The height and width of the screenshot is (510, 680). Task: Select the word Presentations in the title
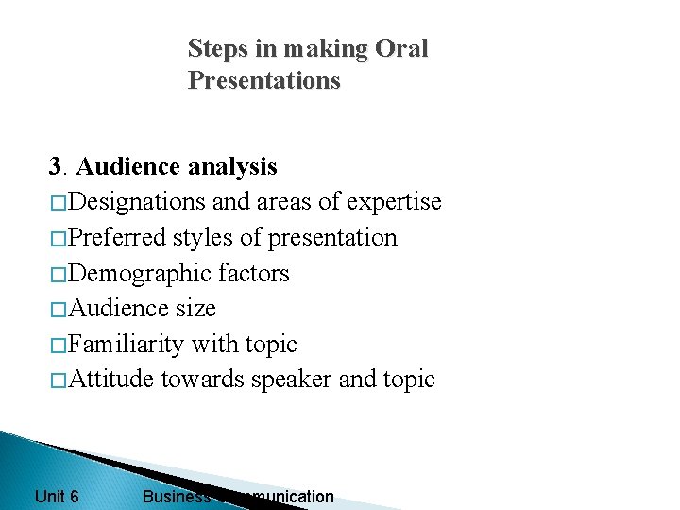point(263,81)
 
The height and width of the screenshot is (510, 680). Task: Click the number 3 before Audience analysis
point(55,167)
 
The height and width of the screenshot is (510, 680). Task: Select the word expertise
point(394,202)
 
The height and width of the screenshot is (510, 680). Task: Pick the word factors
point(253,273)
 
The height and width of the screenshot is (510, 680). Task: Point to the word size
point(195,308)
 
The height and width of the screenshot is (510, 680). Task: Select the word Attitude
point(112,380)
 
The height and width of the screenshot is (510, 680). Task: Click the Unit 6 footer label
point(57,496)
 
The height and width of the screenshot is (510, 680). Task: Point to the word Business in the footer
point(176,496)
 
